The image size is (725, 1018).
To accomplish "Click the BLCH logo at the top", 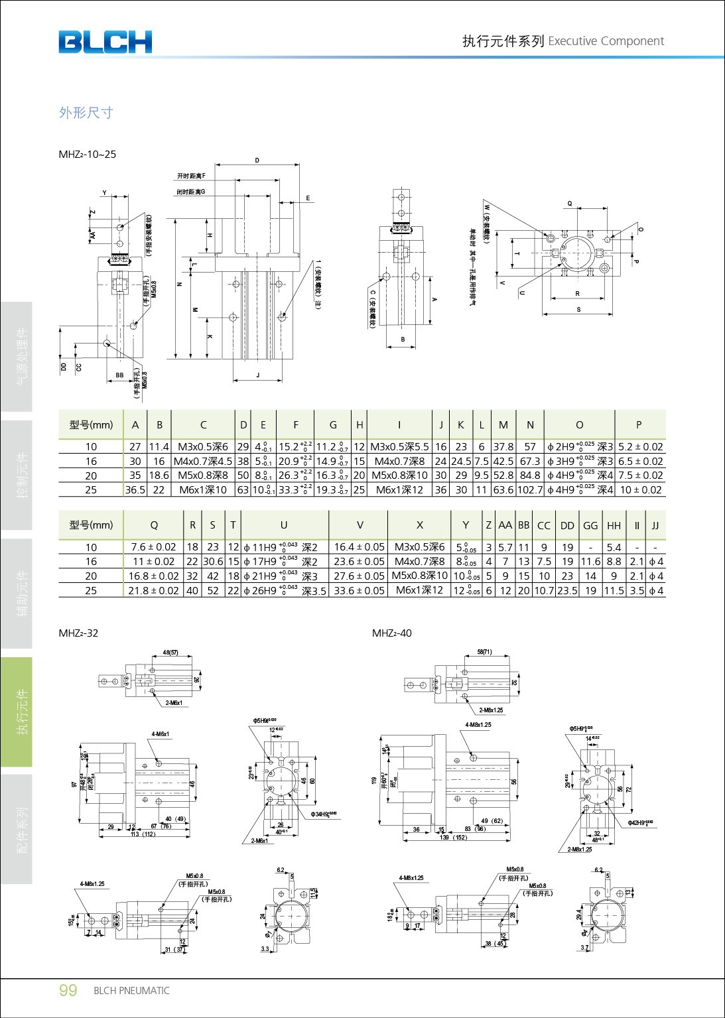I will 105,42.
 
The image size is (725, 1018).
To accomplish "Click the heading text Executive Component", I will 606,41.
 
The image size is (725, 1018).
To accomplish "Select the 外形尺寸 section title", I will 86,113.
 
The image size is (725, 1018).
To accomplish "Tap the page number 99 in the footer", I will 68,990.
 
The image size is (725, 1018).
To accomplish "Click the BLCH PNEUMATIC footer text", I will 131,991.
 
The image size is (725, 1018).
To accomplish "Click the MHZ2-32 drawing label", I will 78,633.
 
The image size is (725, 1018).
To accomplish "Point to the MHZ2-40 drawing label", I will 391,633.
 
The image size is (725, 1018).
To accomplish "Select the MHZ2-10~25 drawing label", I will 87,155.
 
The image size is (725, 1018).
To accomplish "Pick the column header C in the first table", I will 203,425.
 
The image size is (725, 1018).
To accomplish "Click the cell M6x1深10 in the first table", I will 203,490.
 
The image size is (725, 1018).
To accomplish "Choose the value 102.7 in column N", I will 530,490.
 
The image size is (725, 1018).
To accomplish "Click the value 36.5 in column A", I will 135,490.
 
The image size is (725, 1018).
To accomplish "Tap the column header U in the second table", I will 284,525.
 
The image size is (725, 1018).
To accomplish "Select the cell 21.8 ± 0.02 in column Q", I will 153,590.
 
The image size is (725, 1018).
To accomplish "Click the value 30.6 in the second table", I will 213,561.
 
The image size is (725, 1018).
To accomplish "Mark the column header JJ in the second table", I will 655,525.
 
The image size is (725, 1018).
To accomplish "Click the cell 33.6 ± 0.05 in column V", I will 359,590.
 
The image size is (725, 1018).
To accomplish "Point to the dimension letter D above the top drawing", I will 257,160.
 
